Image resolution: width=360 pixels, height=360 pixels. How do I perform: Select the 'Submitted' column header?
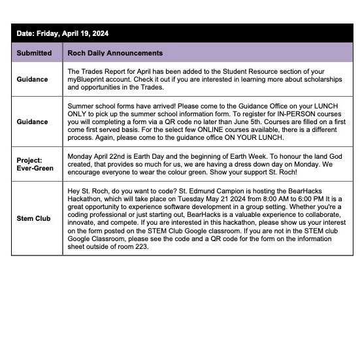click(35, 53)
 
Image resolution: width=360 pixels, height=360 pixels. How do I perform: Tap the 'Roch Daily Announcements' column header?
click(115, 53)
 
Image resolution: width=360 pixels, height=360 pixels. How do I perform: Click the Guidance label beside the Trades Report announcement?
click(33, 79)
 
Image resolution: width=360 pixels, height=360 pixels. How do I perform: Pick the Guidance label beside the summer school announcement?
click(33, 122)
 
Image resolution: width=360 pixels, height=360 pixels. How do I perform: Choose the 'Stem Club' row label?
click(34, 218)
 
